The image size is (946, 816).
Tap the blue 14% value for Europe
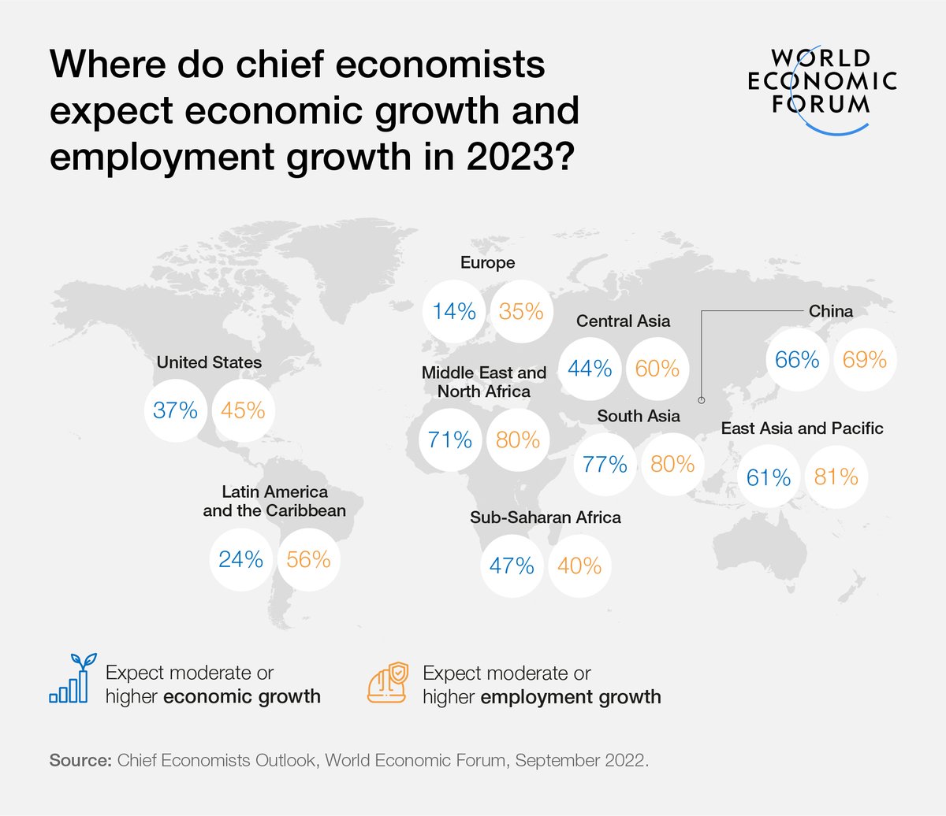point(454,312)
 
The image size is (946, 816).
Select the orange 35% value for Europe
point(521,312)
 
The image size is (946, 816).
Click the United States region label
point(209,362)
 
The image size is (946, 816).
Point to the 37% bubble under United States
point(176,410)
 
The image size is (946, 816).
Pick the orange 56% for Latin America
point(308,559)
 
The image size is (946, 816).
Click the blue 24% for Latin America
point(240,559)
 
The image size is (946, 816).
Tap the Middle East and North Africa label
point(483,382)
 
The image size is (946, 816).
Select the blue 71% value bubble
point(450,440)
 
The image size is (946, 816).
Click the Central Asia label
point(623,321)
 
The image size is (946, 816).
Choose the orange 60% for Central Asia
point(657,368)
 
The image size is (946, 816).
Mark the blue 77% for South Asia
point(605,464)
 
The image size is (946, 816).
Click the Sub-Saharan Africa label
point(546,517)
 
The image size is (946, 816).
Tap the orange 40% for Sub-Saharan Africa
point(579,566)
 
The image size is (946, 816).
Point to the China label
point(831,311)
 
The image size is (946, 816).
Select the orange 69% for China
point(865,360)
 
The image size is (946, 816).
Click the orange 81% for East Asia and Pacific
point(836,477)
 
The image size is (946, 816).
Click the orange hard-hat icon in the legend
point(388,683)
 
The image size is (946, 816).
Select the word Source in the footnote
point(80,761)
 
